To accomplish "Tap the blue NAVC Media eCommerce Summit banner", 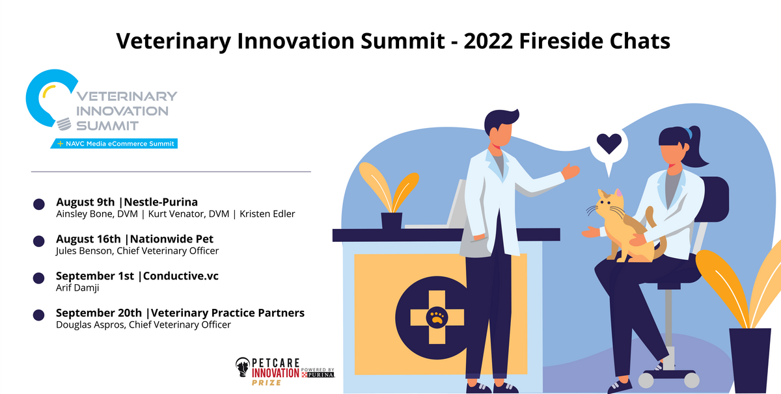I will click(116, 144).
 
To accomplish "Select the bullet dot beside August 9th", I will click(39, 204).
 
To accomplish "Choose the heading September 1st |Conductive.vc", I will click(137, 276).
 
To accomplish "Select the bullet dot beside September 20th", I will click(39, 315).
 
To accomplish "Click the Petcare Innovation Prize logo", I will click(284, 371).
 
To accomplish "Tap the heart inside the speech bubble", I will click(609, 142).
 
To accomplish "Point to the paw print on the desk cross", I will click(437, 317).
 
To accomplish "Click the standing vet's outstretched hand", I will click(571, 172).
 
